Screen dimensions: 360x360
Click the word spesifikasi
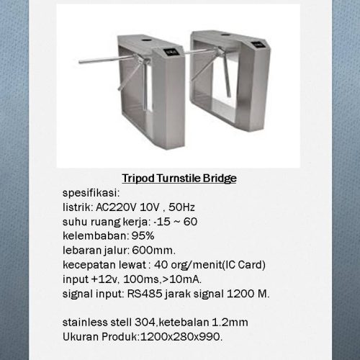(91, 193)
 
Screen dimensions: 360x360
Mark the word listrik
(77, 207)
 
